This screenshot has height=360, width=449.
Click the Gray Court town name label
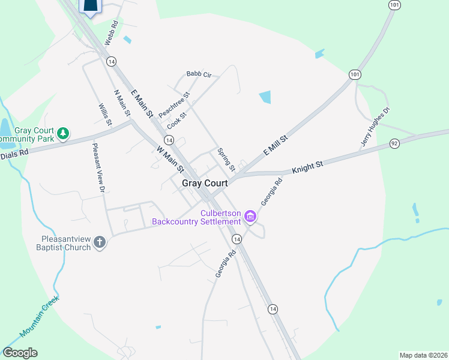point(205,183)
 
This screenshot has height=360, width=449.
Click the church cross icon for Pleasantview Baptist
point(100,243)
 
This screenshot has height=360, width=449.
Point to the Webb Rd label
point(112,34)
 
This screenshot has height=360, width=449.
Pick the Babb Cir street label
point(199,74)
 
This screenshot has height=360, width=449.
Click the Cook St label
point(177,119)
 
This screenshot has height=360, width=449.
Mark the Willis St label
point(105,115)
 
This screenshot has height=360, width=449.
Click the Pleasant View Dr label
point(98,167)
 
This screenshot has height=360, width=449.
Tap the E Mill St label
point(276,146)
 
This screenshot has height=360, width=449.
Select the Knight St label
point(308,167)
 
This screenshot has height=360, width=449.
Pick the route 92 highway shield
point(394,143)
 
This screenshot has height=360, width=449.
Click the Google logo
point(20,353)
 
